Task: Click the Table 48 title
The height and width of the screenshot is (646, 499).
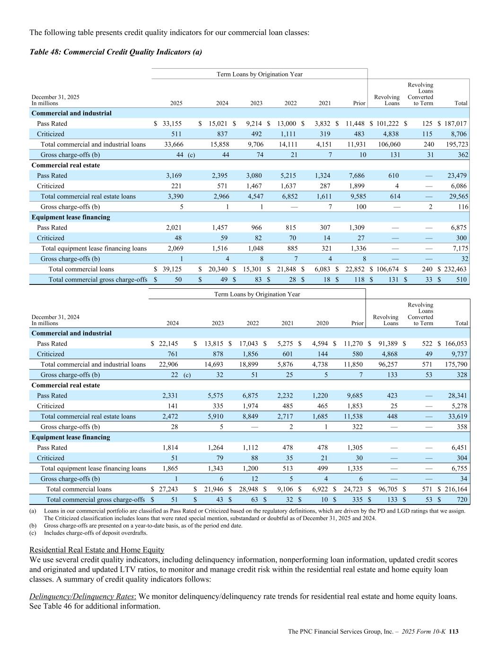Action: point(115,52)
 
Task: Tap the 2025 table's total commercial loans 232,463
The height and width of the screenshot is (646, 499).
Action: point(455,269)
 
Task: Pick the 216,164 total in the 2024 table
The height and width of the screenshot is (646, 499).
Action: point(455,489)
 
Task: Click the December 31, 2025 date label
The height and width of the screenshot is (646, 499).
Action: point(55,97)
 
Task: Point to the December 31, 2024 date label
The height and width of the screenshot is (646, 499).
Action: point(55,317)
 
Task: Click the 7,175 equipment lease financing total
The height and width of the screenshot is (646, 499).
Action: point(459,248)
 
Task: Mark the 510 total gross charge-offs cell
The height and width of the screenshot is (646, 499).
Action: point(461,280)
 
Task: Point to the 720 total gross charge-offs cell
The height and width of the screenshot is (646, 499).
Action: point(461,500)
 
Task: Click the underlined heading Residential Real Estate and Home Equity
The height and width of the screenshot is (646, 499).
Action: point(96,550)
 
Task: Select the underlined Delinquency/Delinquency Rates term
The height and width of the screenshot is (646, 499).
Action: point(83,596)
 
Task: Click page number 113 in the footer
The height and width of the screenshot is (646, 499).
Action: point(454,631)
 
